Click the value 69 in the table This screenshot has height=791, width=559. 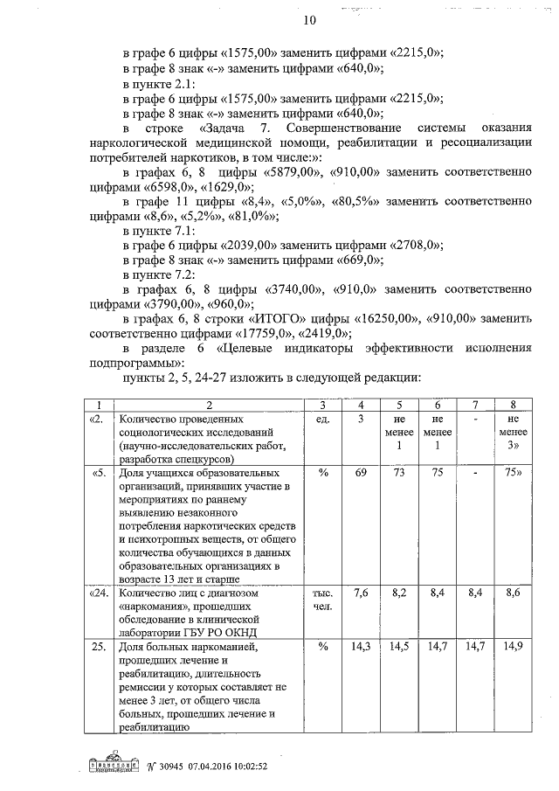tap(361, 473)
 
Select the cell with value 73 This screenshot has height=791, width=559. tap(399, 473)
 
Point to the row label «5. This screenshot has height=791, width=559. tap(99, 473)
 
